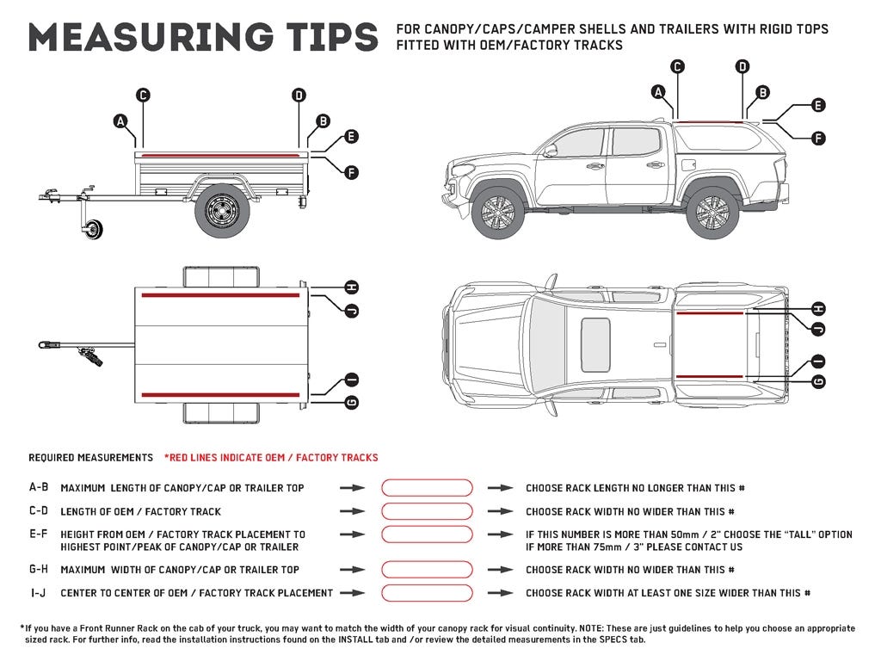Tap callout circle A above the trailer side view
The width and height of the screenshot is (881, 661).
pos(120,121)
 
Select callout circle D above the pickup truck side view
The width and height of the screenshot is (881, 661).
pos(742,66)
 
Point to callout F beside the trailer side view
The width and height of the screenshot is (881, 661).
pos(350,172)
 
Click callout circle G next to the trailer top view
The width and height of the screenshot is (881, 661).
pos(350,402)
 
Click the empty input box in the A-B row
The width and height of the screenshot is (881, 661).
pos(427,488)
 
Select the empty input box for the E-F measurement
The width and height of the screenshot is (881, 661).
pos(427,534)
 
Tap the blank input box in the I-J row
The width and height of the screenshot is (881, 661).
pos(427,593)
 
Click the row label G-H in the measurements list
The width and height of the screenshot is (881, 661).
pos(38,570)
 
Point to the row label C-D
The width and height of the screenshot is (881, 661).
pos(38,511)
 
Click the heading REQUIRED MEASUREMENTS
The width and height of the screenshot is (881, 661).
pos(90,458)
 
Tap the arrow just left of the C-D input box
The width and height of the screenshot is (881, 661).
pos(352,511)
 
